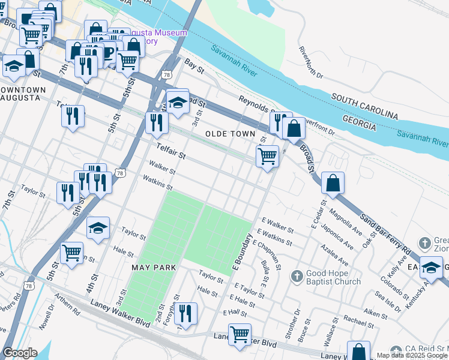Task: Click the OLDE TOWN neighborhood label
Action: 231,133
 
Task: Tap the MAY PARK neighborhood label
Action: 153,266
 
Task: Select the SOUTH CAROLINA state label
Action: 364,106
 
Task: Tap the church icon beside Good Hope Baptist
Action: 296,277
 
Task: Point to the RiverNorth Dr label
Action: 310,62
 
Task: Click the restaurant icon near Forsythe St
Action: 186,314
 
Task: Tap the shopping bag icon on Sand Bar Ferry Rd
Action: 333,184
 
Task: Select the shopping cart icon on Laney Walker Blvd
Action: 240,334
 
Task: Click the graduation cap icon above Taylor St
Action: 98,229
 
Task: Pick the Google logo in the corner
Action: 20,352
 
